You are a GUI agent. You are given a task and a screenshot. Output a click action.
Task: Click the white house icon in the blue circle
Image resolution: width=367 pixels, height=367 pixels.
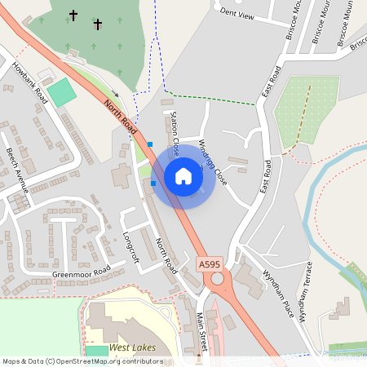pyautogui.click(x=183, y=176)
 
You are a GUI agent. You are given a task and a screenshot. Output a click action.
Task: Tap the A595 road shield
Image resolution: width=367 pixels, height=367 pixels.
pyautogui.click(x=209, y=264)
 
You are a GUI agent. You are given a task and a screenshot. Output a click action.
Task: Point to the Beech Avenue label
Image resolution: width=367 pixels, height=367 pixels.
pyautogui.click(x=18, y=170)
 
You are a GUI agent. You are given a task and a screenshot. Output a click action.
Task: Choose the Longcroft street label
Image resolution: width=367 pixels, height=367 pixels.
pyautogui.click(x=130, y=246)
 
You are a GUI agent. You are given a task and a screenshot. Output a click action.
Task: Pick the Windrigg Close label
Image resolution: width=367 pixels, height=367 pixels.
pyautogui.click(x=211, y=161)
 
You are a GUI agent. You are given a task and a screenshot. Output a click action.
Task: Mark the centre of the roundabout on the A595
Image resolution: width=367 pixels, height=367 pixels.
pyautogui.click(x=217, y=279)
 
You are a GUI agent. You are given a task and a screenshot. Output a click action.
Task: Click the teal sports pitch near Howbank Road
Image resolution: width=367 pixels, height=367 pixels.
pyautogui.click(x=61, y=91)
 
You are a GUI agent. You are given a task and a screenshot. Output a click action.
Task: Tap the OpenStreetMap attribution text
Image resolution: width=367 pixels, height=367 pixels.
pyautogui.click(x=82, y=361)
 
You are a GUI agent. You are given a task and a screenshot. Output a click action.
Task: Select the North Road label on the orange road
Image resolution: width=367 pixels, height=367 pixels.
pyautogui.click(x=120, y=115)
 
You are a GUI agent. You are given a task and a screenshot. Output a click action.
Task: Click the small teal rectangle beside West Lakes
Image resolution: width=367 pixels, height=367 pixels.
pyautogui.click(x=96, y=350)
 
